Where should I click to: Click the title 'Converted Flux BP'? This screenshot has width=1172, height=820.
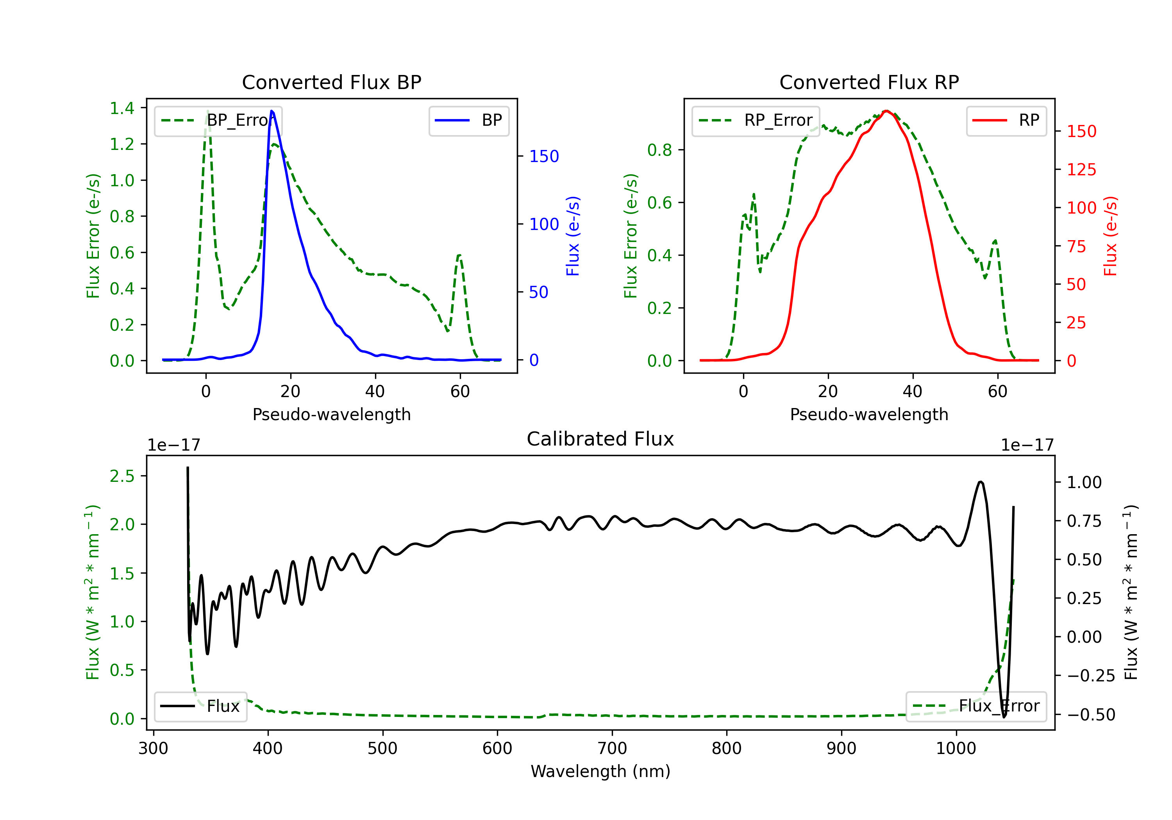[331, 82]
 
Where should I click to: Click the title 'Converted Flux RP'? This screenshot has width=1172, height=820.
[869, 82]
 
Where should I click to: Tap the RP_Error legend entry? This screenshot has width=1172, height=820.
[756, 120]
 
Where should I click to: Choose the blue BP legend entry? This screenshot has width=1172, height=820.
[468, 120]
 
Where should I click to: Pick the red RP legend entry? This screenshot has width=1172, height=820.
[1006, 120]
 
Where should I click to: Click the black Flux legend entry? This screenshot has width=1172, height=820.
[200, 706]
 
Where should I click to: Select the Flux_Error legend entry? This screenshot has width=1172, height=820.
[976, 706]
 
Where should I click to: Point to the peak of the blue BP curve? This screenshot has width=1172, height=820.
[272, 111]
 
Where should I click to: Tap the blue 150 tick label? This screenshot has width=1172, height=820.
[544, 156]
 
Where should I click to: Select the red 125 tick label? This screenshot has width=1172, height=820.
[1081, 169]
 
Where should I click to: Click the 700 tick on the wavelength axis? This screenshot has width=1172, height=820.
[612, 749]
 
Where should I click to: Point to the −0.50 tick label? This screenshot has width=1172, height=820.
[1091, 714]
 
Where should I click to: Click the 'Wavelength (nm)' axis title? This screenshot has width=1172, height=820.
[600, 771]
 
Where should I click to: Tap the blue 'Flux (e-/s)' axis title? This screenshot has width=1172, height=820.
[573, 236]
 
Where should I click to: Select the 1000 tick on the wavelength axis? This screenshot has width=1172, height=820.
[956, 749]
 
